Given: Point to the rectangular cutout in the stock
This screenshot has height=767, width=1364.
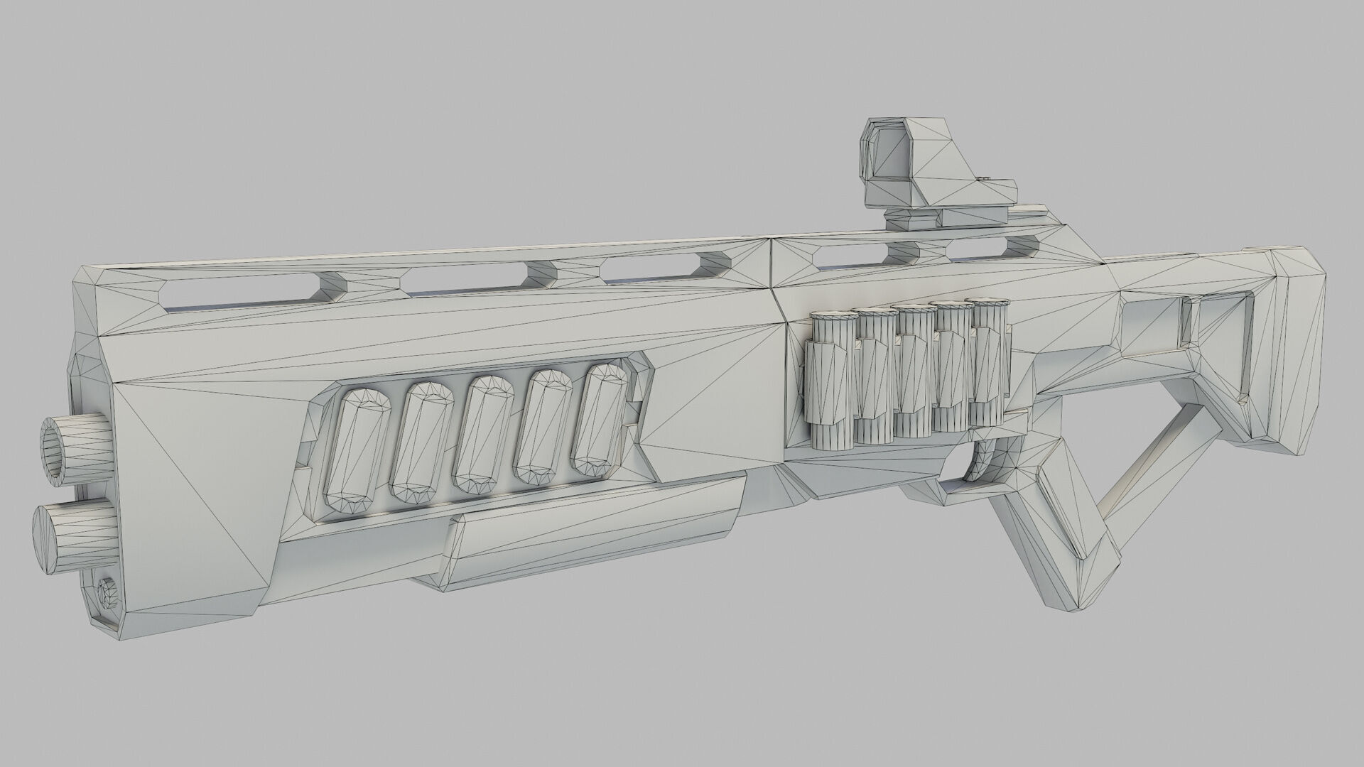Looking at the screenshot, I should [1151, 327].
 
